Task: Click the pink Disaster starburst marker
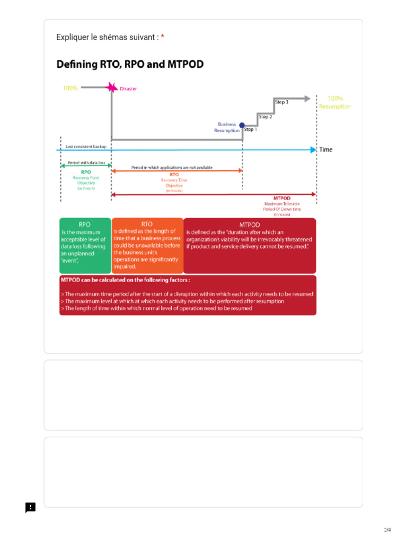point(111,87)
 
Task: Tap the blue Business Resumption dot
point(242,125)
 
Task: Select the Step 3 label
point(281,102)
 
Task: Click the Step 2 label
point(265,116)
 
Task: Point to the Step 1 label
point(250,129)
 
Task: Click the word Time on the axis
point(326,150)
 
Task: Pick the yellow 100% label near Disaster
point(70,88)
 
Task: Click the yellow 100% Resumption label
point(334,102)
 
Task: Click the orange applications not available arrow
point(177,171)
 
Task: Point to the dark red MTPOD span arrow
point(214,195)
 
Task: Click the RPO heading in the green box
point(85,224)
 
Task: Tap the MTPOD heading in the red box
point(250,224)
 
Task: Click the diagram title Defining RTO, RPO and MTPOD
point(130,65)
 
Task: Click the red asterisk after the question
point(163,37)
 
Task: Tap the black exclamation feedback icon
point(31,508)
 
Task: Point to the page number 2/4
point(387,530)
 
